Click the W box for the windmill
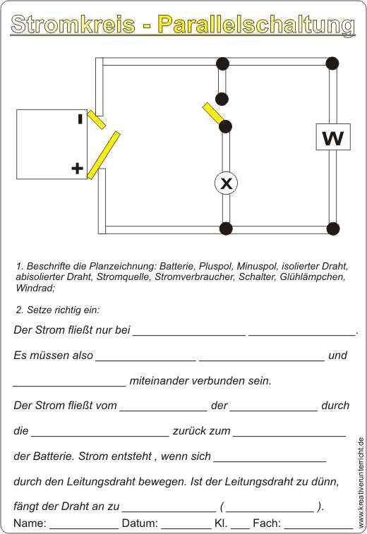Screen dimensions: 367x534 tap(333, 138)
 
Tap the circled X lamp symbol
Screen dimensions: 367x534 tap(226, 183)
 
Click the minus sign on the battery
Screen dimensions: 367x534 tap(80, 119)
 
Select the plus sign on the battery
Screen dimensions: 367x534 tap(78, 168)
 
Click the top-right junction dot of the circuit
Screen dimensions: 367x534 tap(332, 63)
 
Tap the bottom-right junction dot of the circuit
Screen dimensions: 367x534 tap(333, 229)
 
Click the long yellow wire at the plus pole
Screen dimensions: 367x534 tap(103, 155)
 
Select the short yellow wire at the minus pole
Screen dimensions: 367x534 tap(97, 119)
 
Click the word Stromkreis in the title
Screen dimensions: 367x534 tap(73, 25)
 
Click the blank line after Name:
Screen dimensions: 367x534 tap(84, 527)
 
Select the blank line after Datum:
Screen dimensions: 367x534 tap(186, 527)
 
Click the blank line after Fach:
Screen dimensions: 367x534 tap(318, 527)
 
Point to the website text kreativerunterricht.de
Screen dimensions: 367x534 tap(361, 483)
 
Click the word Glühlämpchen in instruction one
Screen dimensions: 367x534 tap(313, 277)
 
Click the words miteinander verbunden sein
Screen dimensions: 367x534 tap(200, 380)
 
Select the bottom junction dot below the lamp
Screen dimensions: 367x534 tap(226, 229)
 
